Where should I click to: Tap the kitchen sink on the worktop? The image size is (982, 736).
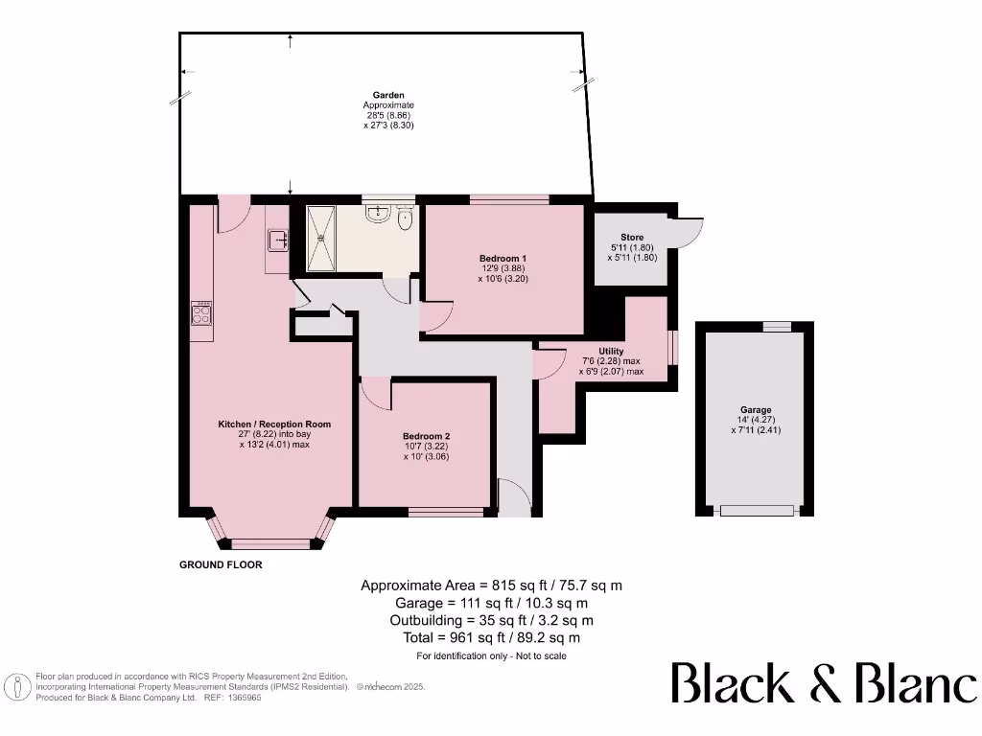point(278,239)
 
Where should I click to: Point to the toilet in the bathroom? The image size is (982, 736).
point(405,219)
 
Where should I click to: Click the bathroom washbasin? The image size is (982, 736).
point(381,216)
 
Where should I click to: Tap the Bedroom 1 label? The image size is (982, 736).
point(503,259)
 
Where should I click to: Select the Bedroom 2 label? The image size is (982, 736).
point(427,436)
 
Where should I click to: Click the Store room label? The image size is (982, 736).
point(631,237)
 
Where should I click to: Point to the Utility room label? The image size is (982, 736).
point(611,352)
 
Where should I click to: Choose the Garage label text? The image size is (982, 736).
point(756,410)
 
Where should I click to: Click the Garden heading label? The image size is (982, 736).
point(387,95)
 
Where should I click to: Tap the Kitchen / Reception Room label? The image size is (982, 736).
point(274,424)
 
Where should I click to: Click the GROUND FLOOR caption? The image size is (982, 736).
point(221,565)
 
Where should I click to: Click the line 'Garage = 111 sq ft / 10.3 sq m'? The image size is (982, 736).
point(492,603)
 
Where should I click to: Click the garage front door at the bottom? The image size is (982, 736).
point(758,511)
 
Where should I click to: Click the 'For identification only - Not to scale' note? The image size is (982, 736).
point(491,656)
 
